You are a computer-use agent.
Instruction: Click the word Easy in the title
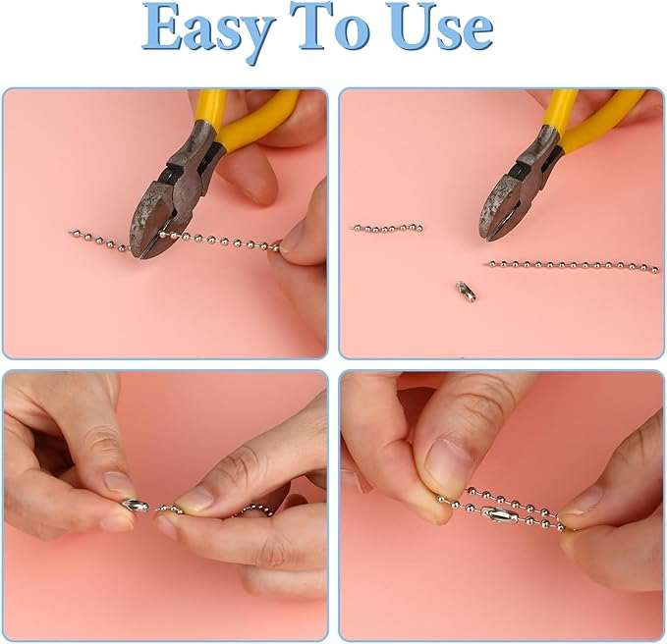pos(207,29)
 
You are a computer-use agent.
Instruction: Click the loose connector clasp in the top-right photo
pos(465,292)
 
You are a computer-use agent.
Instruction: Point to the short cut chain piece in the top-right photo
pos(387,228)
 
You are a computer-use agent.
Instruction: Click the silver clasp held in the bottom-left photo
pos(135,506)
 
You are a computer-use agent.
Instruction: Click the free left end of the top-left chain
pos(73,233)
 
